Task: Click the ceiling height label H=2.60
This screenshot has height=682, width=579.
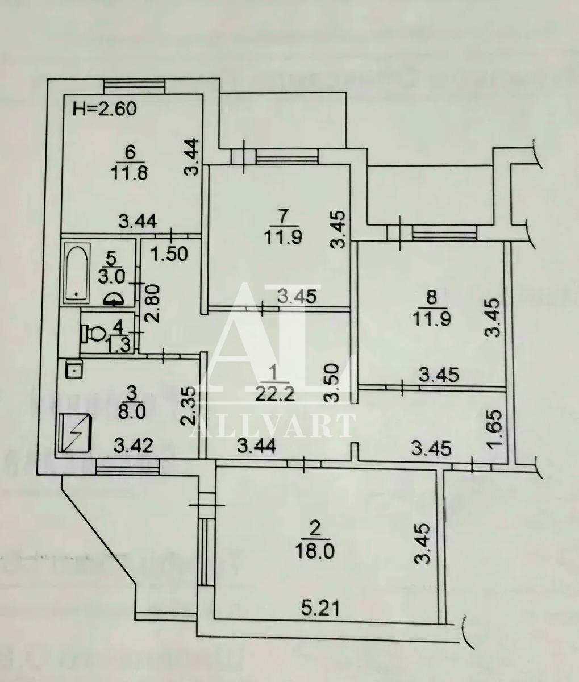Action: [x=106, y=109]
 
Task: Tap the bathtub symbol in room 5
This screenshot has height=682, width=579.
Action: [x=77, y=271]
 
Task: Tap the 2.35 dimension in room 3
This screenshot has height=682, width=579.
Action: [x=190, y=406]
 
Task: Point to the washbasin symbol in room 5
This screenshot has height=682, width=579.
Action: [x=115, y=298]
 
